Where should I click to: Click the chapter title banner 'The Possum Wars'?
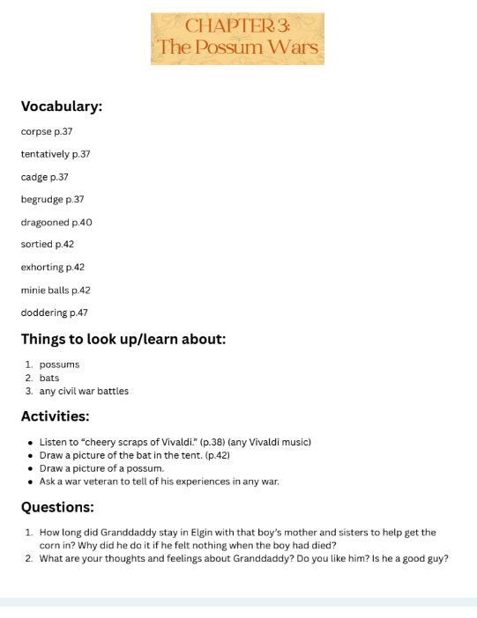click(237, 39)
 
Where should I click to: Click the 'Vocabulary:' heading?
click(62, 107)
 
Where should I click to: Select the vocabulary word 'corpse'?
click(35, 131)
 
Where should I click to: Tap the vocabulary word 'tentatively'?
click(45, 154)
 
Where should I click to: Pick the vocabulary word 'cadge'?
click(34, 177)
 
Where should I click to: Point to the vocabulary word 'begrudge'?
click(41, 200)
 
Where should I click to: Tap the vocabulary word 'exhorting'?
click(42, 267)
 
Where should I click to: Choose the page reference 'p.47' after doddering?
click(78, 313)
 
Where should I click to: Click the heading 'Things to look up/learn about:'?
click(123, 339)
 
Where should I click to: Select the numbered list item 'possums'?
click(59, 364)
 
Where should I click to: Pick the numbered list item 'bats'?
click(49, 378)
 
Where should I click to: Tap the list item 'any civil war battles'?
click(84, 391)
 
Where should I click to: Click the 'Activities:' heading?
click(55, 416)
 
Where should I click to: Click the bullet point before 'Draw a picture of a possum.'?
click(31, 468)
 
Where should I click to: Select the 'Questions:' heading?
click(57, 507)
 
